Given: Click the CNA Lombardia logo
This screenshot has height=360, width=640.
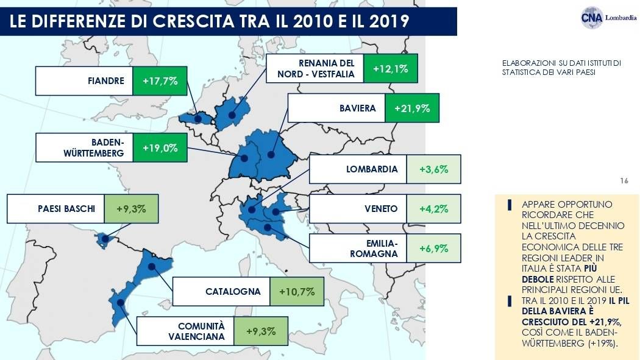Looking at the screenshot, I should tap(608, 17).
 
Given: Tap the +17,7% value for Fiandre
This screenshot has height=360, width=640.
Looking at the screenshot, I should tap(160, 80).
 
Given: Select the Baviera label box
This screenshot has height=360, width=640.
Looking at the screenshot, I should tap(336, 108).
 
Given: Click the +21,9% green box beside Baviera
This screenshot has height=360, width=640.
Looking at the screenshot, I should tap(412, 108).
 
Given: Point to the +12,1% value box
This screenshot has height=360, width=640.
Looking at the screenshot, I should tap(390, 68).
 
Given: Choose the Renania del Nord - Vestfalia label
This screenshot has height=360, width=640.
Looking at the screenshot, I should tap(315, 68).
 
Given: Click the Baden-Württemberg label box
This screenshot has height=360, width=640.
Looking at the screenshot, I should tap(84, 147).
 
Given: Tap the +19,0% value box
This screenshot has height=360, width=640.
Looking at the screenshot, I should tap(160, 147).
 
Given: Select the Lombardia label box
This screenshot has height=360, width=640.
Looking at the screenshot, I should tap(358, 169).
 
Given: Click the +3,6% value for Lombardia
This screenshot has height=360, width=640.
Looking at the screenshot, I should tap(433, 169).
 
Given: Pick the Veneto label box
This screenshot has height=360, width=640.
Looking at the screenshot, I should tap(358, 209).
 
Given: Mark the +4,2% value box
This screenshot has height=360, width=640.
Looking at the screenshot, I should tap(433, 209).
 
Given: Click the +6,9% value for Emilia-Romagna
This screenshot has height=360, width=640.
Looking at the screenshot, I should tap(433, 249).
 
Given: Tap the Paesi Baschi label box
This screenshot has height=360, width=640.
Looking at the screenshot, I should tap(56, 209).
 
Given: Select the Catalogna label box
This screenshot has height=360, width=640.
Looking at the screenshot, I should tap(221, 291).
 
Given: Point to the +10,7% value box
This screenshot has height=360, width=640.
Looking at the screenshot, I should tap(296, 291).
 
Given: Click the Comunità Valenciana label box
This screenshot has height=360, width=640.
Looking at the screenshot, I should tap(185, 331).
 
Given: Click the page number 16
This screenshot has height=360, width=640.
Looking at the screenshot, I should tap(623, 181).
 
